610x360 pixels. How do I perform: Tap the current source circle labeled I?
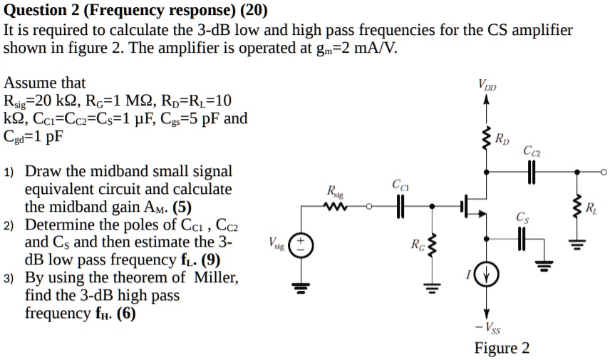(x=487, y=274)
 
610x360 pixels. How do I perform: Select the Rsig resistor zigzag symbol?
(x=334, y=207)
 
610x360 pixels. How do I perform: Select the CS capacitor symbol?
(x=522, y=240)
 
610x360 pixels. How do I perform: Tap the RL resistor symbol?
(x=577, y=208)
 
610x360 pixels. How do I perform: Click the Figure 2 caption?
(x=502, y=348)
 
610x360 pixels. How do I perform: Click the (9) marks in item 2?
(x=210, y=259)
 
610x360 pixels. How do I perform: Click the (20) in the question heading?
(x=253, y=11)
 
